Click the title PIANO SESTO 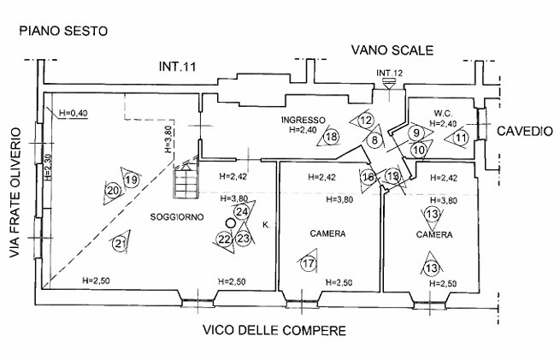[x=63, y=32]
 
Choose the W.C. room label [x=442, y=113]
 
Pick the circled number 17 [x=309, y=263]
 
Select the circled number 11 [x=462, y=137]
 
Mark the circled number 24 [x=242, y=211]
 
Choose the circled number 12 [x=366, y=121]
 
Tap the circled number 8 [x=374, y=139]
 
